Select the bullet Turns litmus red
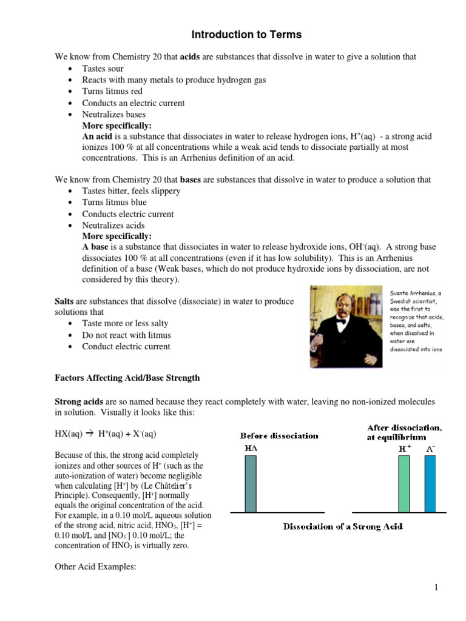[112, 92]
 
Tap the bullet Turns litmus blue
[114, 203]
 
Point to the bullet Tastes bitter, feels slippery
[131, 191]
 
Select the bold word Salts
[64, 301]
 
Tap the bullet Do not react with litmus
[126, 335]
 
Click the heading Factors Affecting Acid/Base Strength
[127, 378]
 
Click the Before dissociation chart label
[279, 435]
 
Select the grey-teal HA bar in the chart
[250, 484]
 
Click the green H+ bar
[404, 484]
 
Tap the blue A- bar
[430, 484]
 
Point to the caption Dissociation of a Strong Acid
[343, 526]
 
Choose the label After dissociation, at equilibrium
[405, 432]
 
